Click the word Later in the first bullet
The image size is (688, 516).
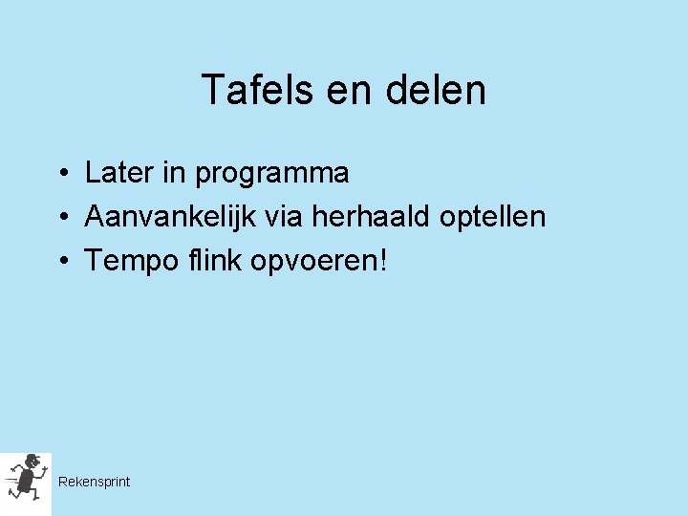tap(118, 173)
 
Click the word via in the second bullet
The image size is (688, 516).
tap(283, 217)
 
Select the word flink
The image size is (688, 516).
tap(211, 260)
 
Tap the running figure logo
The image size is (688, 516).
tap(26, 479)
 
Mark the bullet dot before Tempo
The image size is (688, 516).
tap(59, 262)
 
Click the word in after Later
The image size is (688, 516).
tap(173, 173)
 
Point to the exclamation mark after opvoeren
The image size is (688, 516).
tap(384, 260)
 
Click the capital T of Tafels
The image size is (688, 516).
tap(211, 91)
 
